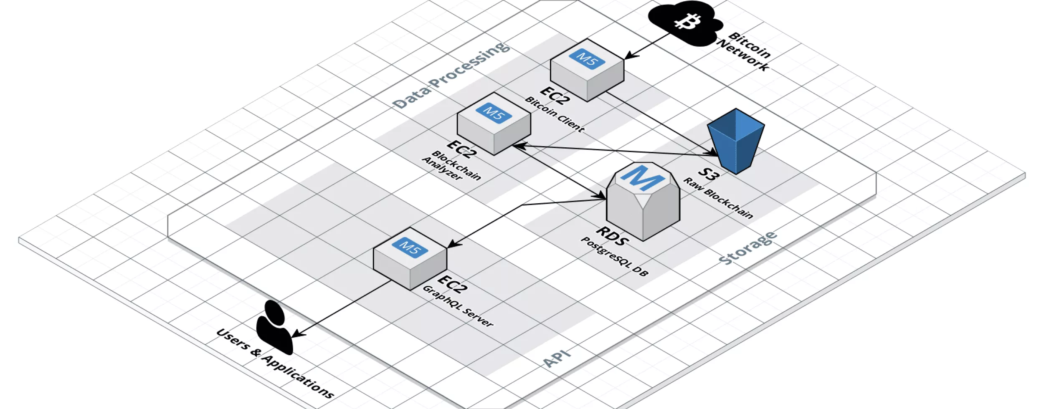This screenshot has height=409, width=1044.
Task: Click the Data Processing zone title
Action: click(x=451, y=75)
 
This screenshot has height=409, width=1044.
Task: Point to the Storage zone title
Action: click(x=748, y=248)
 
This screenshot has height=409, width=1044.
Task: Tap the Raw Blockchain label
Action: click(x=718, y=198)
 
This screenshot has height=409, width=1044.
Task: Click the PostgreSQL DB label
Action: click(x=614, y=257)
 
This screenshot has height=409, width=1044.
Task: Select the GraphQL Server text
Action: click(x=458, y=306)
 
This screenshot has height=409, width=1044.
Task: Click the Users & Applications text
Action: click(x=275, y=363)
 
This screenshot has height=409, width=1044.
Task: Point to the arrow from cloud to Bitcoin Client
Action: click(x=647, y=46)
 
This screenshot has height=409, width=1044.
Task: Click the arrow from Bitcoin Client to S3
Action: click(x=660, y=123)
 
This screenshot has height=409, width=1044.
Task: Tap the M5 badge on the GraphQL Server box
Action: click(x=410, y=247)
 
